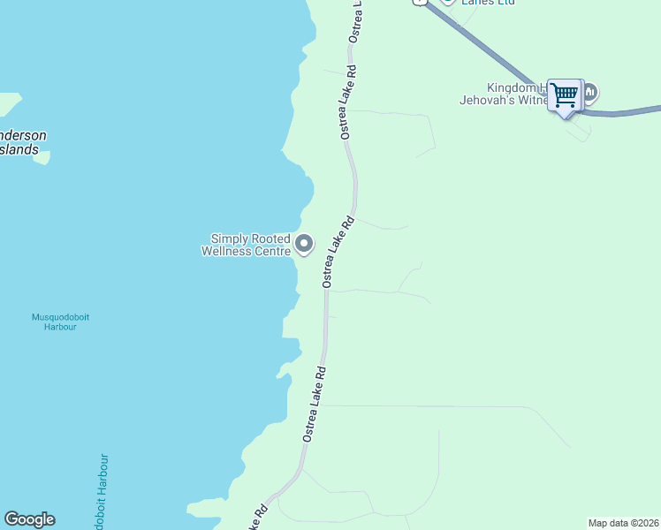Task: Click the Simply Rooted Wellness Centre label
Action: tap(251, 245)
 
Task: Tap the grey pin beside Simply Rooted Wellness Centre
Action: tap(304, 243)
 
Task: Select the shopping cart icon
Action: tap(564, 93)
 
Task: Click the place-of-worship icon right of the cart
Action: tap(590, 92)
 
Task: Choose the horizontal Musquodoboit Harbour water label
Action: tap(60, 322)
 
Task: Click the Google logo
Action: tap(29, 519)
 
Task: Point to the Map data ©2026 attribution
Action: tap(623, 523)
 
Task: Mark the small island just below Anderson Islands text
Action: tap(42, 158)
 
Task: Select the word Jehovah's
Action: tap(489, 101)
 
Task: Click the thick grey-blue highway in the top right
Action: tap(495, 49)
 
